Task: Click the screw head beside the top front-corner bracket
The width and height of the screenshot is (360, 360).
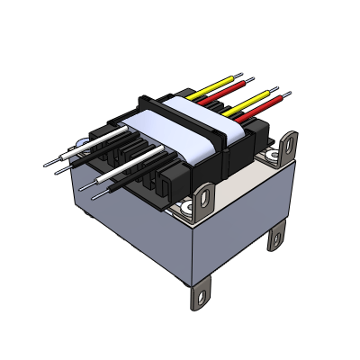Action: [x=187, y=209]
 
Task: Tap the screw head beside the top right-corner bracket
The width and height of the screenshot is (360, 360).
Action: [x=273, y=159]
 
